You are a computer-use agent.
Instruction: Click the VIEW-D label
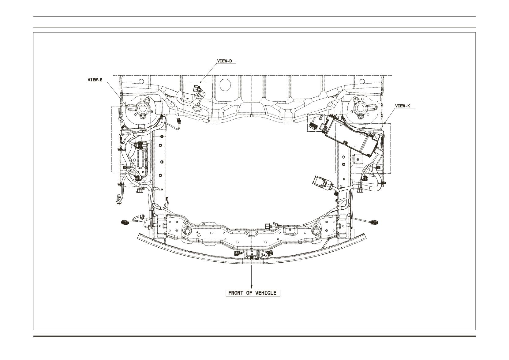(x=225, y=61)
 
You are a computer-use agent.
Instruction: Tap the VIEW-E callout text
(x=95, y=80)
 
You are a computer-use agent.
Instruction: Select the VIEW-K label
(x=403, y=106)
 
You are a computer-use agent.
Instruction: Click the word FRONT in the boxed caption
(x=235, y=293)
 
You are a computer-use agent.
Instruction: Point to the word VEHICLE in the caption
(x=266, y=293)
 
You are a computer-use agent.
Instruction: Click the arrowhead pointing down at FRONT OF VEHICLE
(x=252, y=287)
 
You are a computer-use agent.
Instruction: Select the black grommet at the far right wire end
(x=374, y=223)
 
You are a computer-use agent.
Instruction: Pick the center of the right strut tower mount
(x=360, y=108)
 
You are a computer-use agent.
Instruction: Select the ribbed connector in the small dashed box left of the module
(x=313, y=126)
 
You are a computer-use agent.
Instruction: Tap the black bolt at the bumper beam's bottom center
(x=252, y=258)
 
